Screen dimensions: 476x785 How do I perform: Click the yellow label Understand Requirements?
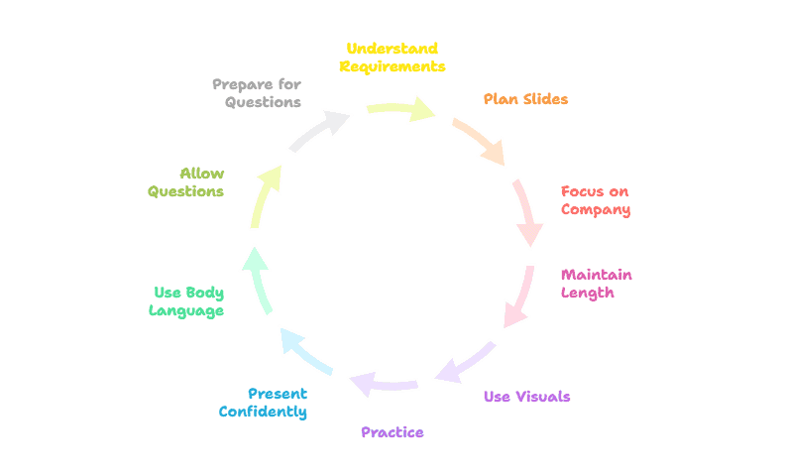(392, 58)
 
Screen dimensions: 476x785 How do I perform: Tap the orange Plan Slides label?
(525, 99)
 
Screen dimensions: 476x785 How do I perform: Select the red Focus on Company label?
(595, 200)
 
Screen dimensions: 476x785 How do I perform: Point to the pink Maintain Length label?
(596, 284)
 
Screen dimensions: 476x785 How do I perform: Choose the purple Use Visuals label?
(526, 397)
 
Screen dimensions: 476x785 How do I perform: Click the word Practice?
(392, 432)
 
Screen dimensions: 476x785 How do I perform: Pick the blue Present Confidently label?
(263, 403)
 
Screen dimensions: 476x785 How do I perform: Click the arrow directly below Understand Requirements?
(401, 108)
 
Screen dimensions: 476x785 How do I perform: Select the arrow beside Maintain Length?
(518, 297)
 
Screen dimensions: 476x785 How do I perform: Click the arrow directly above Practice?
(384, 384)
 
